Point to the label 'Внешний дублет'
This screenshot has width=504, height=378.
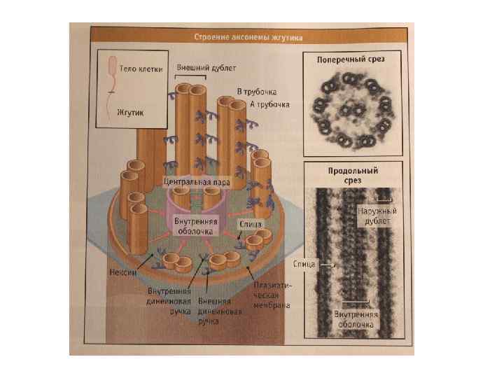197,68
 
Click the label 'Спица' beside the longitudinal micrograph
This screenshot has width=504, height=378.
307,265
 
